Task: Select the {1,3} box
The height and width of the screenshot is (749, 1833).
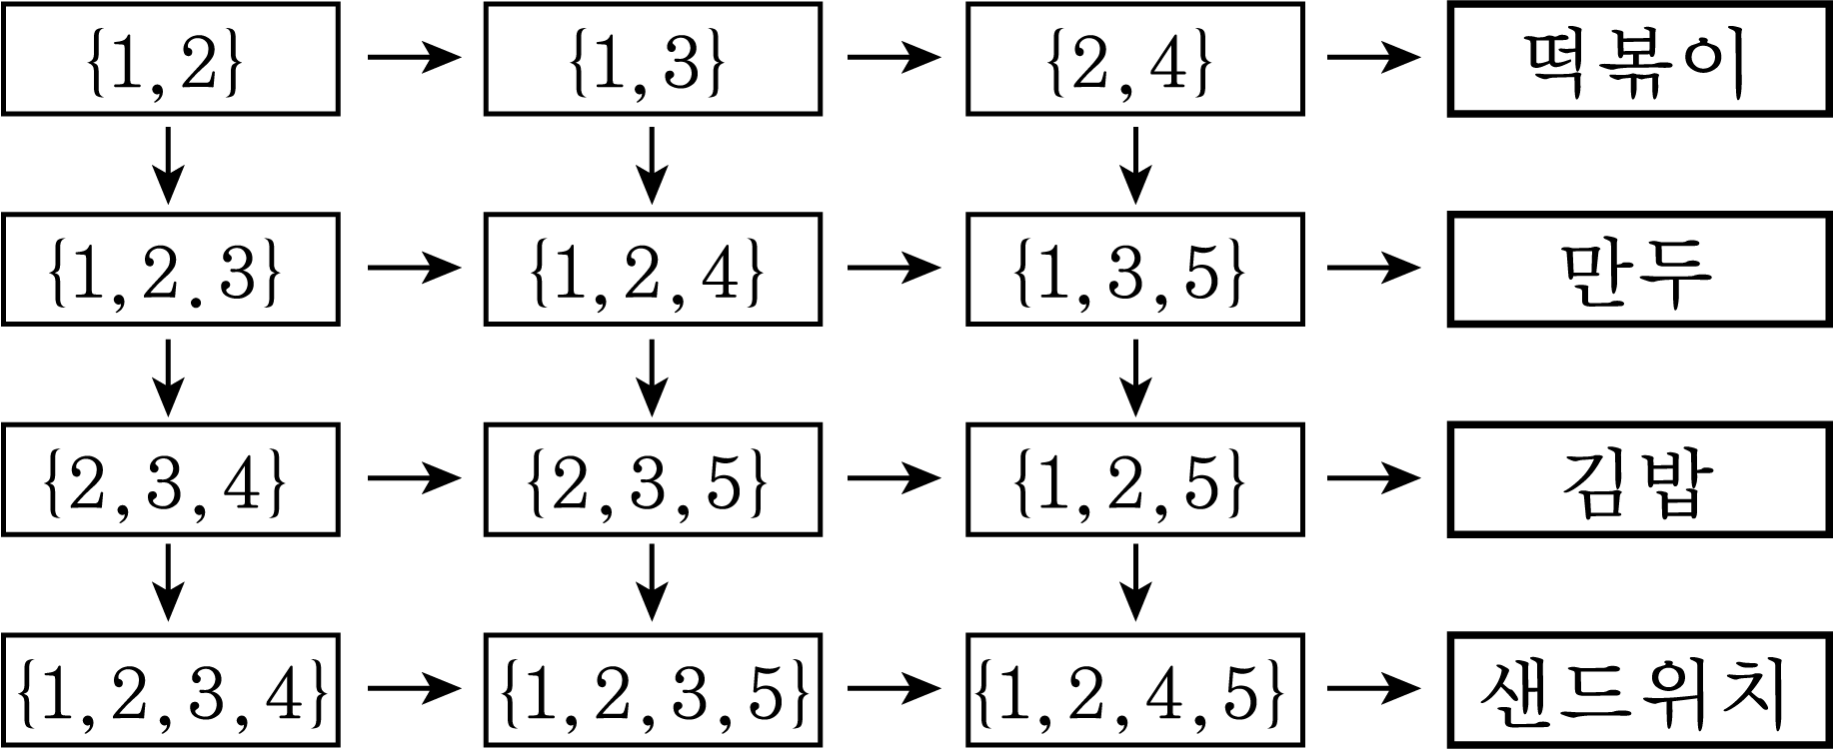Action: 653,58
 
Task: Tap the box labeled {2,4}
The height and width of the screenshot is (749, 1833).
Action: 1135,58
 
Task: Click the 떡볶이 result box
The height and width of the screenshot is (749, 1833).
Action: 1640,58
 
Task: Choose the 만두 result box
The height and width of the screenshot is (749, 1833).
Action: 1640,268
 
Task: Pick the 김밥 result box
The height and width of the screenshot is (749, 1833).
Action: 1640,478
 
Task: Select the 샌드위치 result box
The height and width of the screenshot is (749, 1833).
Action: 1640,689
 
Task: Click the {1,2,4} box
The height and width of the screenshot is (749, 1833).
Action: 653,268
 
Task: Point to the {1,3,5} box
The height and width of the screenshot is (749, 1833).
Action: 1135,268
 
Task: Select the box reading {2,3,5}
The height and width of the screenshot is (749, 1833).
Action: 653,478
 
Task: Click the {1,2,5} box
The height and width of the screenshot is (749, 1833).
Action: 1135,478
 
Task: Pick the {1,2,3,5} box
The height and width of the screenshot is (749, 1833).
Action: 653,689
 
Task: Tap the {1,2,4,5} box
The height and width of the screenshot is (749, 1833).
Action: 1135,689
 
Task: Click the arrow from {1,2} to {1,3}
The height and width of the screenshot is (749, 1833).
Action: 414,57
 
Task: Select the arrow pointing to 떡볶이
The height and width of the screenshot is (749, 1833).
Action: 1373,57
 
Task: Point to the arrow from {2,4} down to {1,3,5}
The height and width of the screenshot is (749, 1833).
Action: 1134,165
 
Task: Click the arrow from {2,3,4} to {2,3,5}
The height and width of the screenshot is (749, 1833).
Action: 414,478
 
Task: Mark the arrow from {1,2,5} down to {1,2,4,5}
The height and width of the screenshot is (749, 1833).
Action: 1134,583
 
